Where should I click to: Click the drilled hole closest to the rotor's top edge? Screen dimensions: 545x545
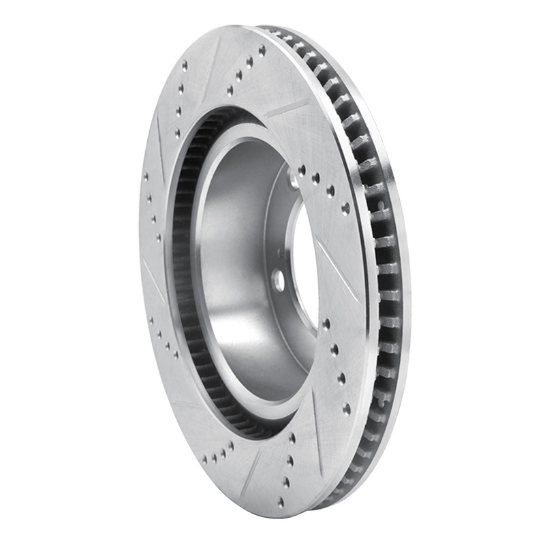[262, 49]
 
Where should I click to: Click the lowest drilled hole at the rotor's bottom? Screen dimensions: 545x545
[281, 502]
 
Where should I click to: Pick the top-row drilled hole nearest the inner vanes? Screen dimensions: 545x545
[230, 90]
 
